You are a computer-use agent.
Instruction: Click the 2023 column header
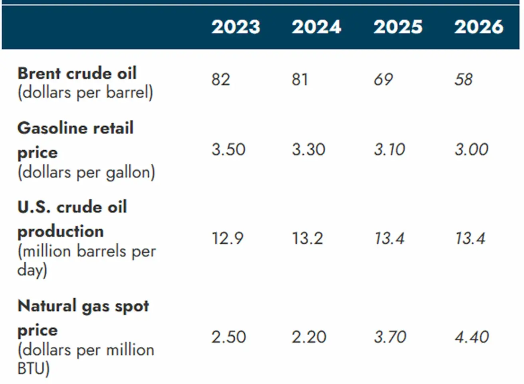[x=236, y=27]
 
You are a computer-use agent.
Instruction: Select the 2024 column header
[x=316, y=27]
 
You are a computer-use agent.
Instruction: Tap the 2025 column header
[x=398, y=27]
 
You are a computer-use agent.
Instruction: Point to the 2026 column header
[x=478, y=27]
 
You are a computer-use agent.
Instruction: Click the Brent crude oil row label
[x=77, y=73]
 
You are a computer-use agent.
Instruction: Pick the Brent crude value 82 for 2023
[x=220, y=80]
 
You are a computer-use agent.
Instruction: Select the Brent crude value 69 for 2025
[x=383, y=80]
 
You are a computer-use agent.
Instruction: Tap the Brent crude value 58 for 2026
[x=464, y=80]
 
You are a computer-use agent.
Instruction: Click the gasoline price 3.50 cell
[x=228, y=149]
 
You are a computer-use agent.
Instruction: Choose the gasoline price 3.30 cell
[x=309, y=149]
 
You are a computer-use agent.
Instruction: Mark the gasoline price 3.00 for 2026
[x=471, y=149]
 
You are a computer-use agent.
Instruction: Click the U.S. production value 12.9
[x=228, y=239]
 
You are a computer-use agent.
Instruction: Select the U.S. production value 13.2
[x=308, y=239]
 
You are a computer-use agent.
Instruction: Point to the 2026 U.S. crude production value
[x=470, y=239]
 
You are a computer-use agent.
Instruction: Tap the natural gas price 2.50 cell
[x=228, y=337]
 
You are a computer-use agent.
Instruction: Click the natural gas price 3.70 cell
[x=390, y=337]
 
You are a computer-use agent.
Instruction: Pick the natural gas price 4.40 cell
[x=472, y=337]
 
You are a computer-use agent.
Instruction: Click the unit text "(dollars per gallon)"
[x=86, y=173]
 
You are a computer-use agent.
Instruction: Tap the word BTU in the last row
[x=31, y=368]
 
